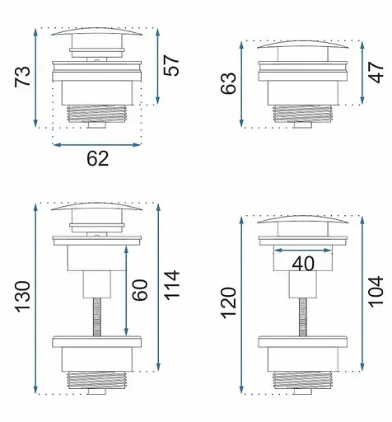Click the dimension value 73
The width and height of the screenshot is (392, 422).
click(22, 77)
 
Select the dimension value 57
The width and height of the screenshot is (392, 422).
click(171, 65)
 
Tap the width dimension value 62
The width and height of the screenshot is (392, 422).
click(98, 159)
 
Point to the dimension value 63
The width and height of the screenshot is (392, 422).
click(228, 83)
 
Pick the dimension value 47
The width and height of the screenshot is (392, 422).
click(376, 73)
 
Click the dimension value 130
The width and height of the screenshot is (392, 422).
click(22, 297)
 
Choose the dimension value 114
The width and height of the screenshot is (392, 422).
click(171, 285)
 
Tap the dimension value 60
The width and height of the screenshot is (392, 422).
click(140, 290)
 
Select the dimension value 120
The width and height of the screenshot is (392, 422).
click(229, 303)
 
